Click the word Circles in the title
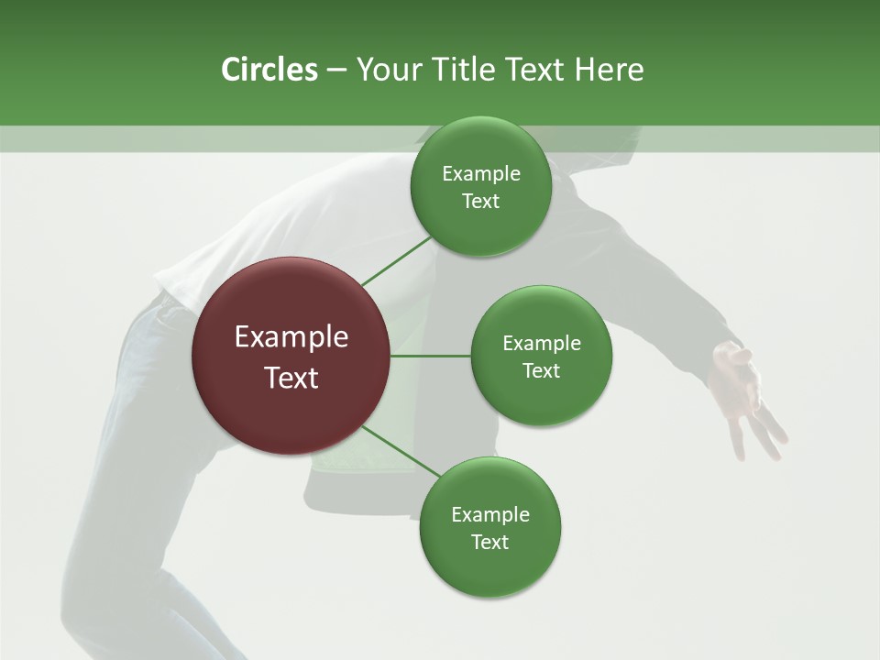269,70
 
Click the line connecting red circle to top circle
396,261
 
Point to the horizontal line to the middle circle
431,356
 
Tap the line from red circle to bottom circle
401,452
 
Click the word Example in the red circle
291,337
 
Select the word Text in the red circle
291,378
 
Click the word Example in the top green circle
480,174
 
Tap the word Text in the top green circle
480,202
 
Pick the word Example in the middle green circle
541,344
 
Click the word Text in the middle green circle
541,371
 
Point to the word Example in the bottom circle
489,515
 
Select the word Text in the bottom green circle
489,543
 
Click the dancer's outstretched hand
744,394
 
